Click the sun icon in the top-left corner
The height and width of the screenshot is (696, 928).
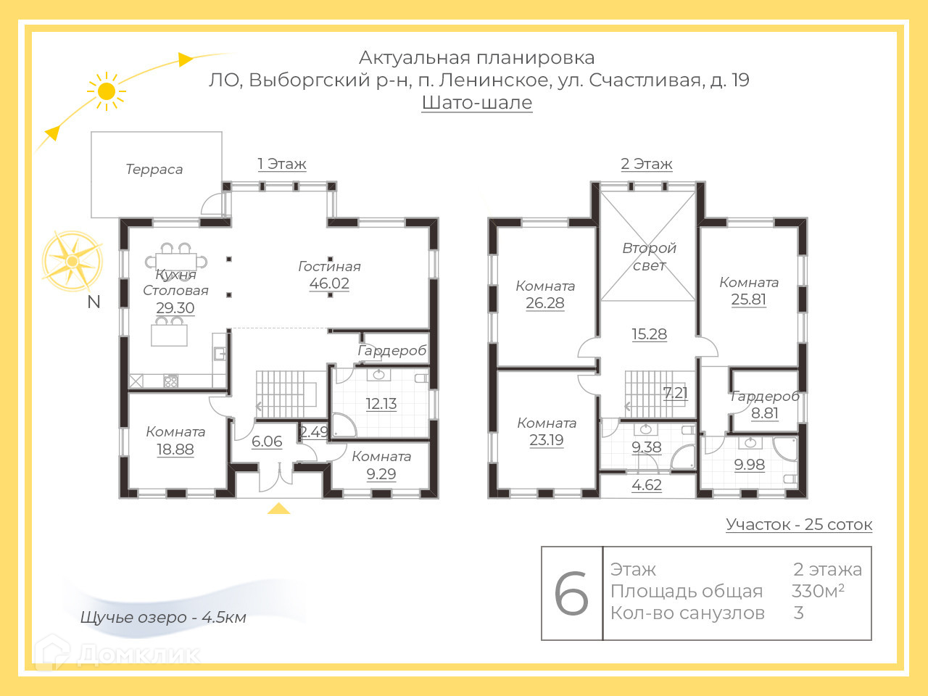(x=107, y=91)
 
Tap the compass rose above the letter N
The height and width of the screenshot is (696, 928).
(x=72, y=260)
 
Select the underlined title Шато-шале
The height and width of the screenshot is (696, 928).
(x=477, y=102)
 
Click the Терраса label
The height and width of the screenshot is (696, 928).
(x=154, y=170)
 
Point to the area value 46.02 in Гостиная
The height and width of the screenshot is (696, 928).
(x=329, y=283)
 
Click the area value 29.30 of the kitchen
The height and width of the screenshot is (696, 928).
(x=175, y=307)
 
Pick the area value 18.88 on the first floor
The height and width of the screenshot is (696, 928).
(x=175, y=449)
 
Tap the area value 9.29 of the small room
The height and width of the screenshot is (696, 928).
(x=381, y=474)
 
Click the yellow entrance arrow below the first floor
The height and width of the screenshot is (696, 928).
(x=278, y=508)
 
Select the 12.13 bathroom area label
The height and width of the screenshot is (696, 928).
(x=381, y=404)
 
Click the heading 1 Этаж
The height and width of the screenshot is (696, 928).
(x=282, y=164)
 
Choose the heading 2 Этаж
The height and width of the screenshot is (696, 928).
(x=647, y=164)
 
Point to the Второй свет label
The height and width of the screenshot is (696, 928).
(x=649, y=257)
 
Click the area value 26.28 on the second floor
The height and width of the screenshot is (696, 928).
(x=545, y=303)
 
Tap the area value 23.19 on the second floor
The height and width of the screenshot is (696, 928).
(x=547, y=440)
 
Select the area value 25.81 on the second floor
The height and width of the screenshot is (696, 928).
(x=749, y=299)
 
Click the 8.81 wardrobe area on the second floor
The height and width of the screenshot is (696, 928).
(x=765, y=413)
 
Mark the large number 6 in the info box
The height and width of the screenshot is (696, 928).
(x=571, y=594)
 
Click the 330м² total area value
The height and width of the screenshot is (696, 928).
(x=818, y=591)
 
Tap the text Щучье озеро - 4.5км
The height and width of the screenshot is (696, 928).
(x=163, y=618)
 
